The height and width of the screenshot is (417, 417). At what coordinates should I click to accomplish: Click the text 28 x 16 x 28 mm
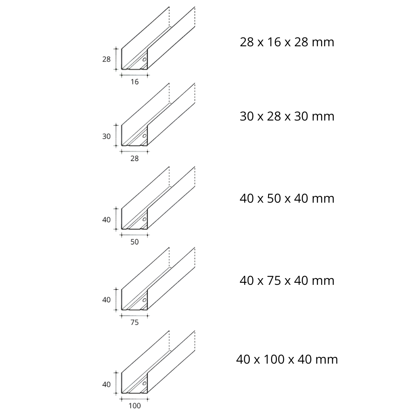[287, 42]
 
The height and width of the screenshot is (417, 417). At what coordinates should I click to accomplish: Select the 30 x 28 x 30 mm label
[287, 116]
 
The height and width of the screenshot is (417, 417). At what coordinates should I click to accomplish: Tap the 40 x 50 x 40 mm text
[287, 198]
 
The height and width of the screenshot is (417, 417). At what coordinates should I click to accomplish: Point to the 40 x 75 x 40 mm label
[287, 281]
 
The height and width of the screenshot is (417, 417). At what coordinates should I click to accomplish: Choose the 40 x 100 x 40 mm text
[287, 359]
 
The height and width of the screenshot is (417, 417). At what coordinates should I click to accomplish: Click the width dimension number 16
[134, 82]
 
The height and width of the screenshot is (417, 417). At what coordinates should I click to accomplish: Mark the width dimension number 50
[134, 241]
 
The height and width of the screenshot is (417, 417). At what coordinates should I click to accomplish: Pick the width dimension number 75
[134, 322]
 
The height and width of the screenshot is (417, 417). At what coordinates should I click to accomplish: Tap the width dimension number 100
[134, 405]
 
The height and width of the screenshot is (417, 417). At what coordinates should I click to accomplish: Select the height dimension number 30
[106, 136]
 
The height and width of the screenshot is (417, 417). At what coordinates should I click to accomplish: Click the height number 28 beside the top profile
[106, 59]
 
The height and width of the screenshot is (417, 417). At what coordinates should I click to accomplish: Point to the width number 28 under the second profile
[134, 158]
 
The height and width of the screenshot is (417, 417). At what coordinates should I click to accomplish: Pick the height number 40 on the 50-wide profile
[106, 220]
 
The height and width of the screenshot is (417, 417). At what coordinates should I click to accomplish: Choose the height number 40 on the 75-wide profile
[106, 299]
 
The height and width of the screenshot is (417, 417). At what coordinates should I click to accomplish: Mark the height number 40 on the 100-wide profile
[106, 384]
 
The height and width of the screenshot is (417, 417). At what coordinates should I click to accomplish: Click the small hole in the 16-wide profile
[144, 60]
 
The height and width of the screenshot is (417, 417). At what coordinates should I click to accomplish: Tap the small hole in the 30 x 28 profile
[144, 136]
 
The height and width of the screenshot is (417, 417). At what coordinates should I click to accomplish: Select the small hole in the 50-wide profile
[144, 219]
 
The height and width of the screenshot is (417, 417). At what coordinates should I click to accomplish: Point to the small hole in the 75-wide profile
[144, 299]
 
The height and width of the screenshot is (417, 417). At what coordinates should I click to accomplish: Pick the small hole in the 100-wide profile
[144, 383]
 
